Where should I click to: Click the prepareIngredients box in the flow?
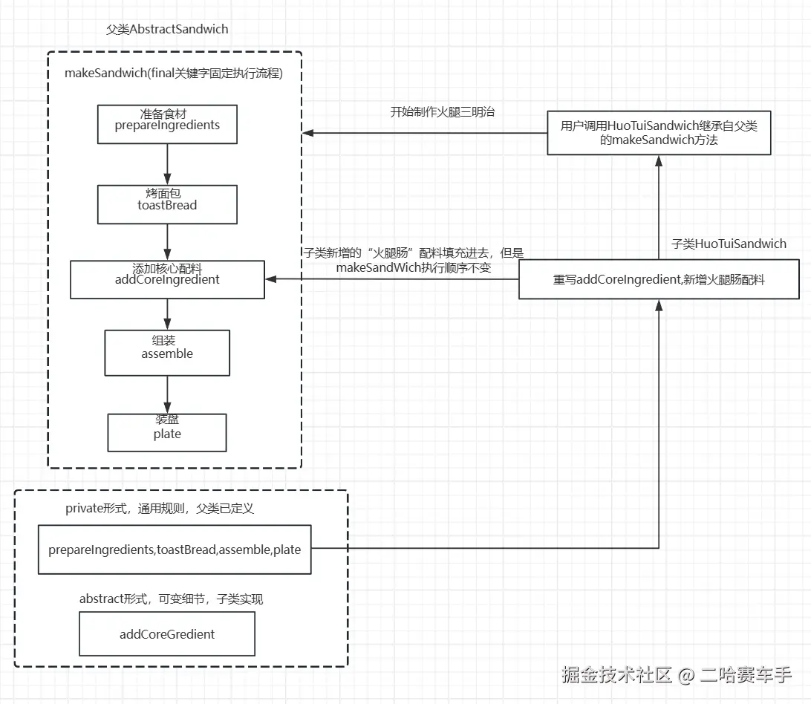pyautogui.click(x=167, y=124)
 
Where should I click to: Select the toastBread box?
pyautogui.click(x=167, y=204)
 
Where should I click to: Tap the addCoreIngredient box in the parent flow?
pyautogui.click(x=167, y=279)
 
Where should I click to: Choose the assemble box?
pyautogui.click(x=167, y=353)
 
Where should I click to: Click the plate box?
pyautogui.click(x=167, y=432)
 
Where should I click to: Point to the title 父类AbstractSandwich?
pyautogui.click(x=167, y=29)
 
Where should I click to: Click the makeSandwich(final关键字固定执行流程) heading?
pyautogui.click(x=174, y=73)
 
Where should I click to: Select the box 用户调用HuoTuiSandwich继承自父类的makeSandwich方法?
pyautogui.click(x=659, y=132)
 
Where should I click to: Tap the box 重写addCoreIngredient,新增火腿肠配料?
pyautogui.click(x=659, y=279)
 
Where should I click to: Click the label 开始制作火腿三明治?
pyautogui.click(x=442, y=111)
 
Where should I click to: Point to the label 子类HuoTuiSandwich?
pyautogui.click(x=729, y=244)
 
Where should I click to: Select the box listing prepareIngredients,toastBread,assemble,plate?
pyautogui.click(x=175, y=550)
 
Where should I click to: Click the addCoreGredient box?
pyautogui.click(x=167, y=633)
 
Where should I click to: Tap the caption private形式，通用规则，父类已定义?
pyautogui.click(x=159, y=509)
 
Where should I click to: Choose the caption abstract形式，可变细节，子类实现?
pyautogui.click(x=171, y=599)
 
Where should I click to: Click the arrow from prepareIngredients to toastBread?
pyautogui.click(x=167, y=165)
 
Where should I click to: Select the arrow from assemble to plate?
pyautogui.click(x=167, y=394)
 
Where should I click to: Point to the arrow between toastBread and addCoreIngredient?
pyautogui.click(x=167, y=242)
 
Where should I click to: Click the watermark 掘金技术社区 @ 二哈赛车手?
pyautogui.click(x=677, y=675)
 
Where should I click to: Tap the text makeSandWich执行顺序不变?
pyautogui.click(x=414, y=267)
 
